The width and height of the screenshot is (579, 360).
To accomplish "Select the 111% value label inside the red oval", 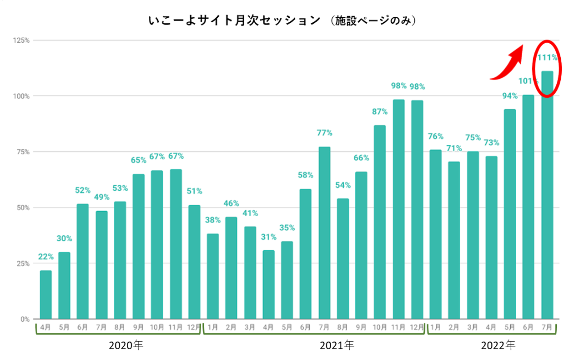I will coord(547,58).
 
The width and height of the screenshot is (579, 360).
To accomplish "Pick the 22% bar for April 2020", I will coord(45,295).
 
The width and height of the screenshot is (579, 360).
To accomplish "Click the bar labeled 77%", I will coord(324,233).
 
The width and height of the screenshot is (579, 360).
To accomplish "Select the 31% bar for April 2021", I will coord(269,284).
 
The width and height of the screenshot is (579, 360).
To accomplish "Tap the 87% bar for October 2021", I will coord(380,222).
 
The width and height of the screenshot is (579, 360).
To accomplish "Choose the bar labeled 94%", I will coord(510,214).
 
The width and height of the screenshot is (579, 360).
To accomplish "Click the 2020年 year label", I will coord(126,346).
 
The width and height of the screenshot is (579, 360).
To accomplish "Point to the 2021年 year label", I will coord(337,346).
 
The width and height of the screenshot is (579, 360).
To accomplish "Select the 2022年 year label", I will coord(498,346).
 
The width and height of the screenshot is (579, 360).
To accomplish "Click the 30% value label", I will coord(64,238).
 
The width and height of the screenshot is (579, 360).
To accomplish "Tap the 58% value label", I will coord(306,175).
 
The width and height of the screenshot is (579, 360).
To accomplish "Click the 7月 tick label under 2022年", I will coord(547,327).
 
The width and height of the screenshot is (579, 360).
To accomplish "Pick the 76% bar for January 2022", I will coord(435,234).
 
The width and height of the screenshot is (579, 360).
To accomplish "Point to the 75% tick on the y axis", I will coord(23,152).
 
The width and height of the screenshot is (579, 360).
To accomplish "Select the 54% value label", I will coord(342,185).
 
